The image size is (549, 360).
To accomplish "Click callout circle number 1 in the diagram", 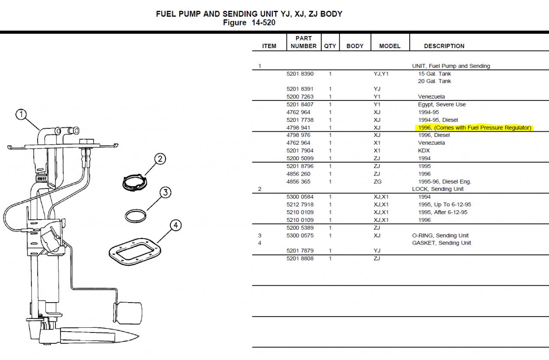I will coord(21,115).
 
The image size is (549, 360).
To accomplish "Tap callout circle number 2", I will coord(160,159).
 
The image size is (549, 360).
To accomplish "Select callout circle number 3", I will coord(166,193).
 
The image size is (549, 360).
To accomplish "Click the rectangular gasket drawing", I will coord(134,249).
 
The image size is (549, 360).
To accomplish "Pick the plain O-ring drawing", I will coord(136,215).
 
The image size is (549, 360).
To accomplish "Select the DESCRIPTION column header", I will coord(444,46).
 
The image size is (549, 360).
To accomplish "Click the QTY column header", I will coord(330,46).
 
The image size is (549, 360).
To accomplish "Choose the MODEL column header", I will coord(389,46).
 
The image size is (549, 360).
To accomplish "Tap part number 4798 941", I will coord(300,127).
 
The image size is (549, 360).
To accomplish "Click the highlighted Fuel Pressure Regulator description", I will coord(474,127).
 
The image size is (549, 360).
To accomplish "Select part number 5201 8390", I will coord(300,74).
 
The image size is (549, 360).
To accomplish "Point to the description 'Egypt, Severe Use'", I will coord(442,104).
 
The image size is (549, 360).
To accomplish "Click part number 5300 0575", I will coord(300,235).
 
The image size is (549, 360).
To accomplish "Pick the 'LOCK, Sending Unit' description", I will coord(437,189).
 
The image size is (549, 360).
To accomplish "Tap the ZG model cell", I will coord(377,182).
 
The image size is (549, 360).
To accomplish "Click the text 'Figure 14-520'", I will coord(249,23).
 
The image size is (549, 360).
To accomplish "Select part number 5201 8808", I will coord(300,258).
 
